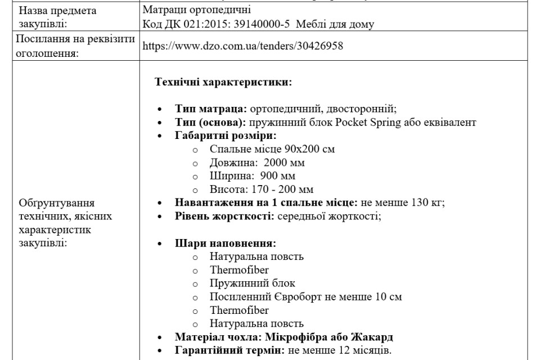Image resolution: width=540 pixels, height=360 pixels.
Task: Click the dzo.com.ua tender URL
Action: tap(243, 46)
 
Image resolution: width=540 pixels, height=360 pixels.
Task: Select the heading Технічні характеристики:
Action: tap(223, 82)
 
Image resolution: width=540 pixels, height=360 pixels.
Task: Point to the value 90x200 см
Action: tap(310, 149)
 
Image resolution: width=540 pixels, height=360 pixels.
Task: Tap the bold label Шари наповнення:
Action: tap(225, 244)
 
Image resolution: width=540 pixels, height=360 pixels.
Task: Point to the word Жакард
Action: tap(371, 337)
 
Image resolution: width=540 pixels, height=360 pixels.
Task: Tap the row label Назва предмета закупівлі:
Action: tap(57, 17)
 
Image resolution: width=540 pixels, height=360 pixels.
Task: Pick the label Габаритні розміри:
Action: tap(225, 136)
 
